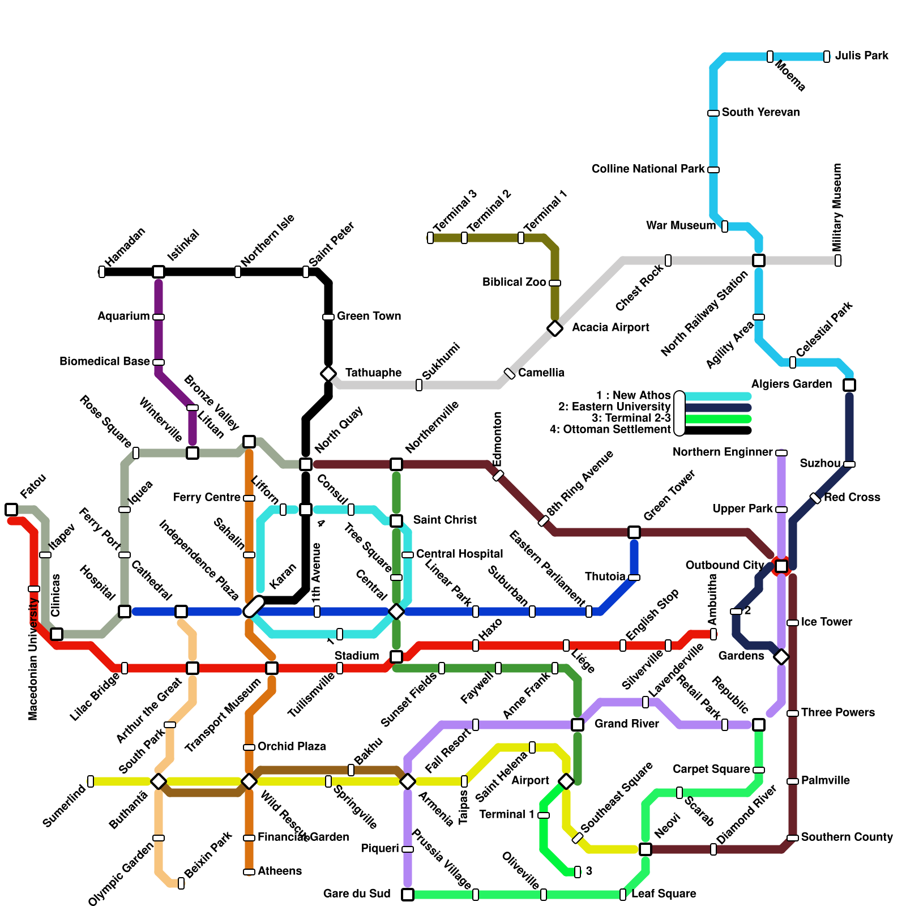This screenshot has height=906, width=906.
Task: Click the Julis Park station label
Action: tap(861, 56)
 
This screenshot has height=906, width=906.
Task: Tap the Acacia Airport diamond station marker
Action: tap(555, 328)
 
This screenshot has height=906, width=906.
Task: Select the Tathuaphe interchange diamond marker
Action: tap(328, 374)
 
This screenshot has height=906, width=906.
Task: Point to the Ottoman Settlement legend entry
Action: tap(610, 430)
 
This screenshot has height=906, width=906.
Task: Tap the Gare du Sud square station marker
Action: tap(408, 895)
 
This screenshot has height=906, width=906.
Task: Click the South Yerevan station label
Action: tap(760, 113)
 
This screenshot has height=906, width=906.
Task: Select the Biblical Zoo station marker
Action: tap(555, 283)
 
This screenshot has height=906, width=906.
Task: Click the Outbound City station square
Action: tap(781, 566)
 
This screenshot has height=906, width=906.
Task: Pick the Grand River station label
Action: tap(626, 724)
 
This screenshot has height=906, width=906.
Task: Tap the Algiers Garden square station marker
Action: tap(849, 385)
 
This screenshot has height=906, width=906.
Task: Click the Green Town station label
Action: tap(369, 317)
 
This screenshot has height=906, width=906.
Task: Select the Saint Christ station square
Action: tap(396, 521)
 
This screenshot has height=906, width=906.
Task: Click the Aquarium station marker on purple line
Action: tap(159, 317)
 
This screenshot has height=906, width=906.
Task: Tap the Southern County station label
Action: tap(847, 837)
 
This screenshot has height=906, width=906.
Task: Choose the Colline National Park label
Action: tap(648, 169)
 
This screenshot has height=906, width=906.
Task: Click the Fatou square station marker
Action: tap(11, 510)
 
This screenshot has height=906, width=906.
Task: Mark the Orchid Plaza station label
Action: tap(291, 747)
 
